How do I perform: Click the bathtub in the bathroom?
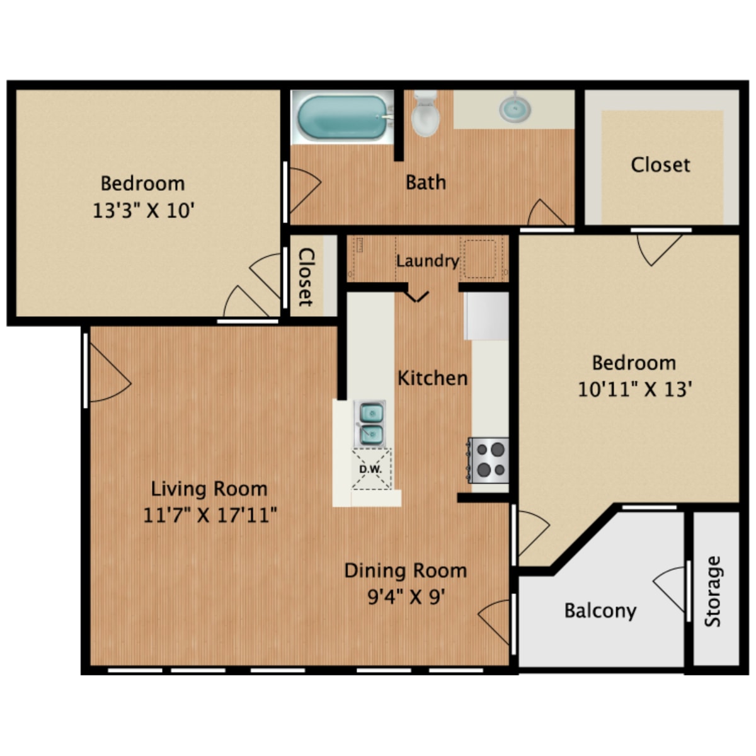pyautogui.click(x=341, y=117)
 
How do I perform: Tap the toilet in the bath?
pyautogui.click(x=425, y=114)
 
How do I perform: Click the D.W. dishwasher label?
pyautogui.click(x=370, y=469)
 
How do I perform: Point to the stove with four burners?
pyautogui.click(x=488, y=460)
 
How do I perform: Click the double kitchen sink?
pyautogui.click(x=369, y=423)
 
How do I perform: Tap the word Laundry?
pyautogui.click(x=427, y=261)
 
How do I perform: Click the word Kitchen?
pyautogui.click(x=432, y=378)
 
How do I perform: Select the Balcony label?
pyautogui.click(x=600, y=611)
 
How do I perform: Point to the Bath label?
pyautogui.click(x=426, y=183)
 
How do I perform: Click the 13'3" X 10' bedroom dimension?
pyautogui.click(x=144, y=210)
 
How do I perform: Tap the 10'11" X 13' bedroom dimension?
pyautogui.click(x=634, y=389)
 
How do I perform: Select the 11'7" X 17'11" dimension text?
pyautogui.click(x=210, y=515)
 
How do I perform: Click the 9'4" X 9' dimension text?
pyautogui.click(x=406, y=597)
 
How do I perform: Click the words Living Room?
pyautogui.click(x=209, y=489)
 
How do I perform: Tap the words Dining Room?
pyautogui.click(x=406, y=571)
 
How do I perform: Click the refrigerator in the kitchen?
pyautogui.click(x=486, y=316)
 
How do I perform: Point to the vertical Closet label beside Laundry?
pyautogui.click(x=306, y=277)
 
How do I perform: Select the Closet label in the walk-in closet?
pyautogui.click(x=660, y=165)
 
